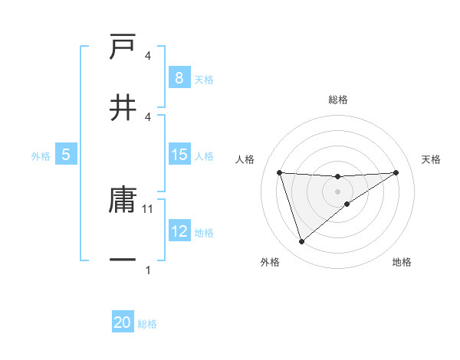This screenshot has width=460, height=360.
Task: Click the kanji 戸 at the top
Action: pyautogui.click(x=123, y=48)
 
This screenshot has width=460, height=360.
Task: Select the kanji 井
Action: pyautogui.click(x=123, y=107)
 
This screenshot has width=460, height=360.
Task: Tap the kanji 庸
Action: pyautogui.click(x=123, y=201)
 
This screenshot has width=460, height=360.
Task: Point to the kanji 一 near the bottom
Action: pyautogui.click(x=123, y=260)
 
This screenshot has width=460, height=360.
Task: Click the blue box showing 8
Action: pyautogui.click(x=179, y=77)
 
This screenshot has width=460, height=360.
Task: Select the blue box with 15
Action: pyautogui.click(x=179, y=155)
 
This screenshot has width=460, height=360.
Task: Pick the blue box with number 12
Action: pyautogui.click(x=179, y=231)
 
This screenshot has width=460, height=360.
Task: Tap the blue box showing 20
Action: pyautogui.click(x=123, y=322)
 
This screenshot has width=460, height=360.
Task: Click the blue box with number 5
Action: pyautogui.click(x=66, y=155)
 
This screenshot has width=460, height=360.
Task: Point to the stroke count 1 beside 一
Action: pyautogui.click(x=148, y=270)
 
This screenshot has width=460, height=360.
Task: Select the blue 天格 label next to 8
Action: pyautogui.click(x=204, y=79)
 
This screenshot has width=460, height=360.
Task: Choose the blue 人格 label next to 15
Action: pyautogui.click(x=204, y=155)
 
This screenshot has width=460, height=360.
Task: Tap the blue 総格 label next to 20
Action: pyautogui.click(x=147, y=324)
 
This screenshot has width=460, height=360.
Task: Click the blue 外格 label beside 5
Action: pyautogui.click(x=41, y=155)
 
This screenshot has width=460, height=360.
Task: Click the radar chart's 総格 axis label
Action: pyautogui.click(x=338, y=100)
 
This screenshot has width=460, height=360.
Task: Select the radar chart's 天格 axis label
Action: pyautogui.click(x=432, y=159)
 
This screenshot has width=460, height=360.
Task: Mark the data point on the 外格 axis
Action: pyautogui.click(x=301, y=242)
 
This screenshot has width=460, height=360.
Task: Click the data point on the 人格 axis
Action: pyautogui.click(x=280, y=172)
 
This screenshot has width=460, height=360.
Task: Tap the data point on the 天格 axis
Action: pyautogui.click(x=396, y=172)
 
